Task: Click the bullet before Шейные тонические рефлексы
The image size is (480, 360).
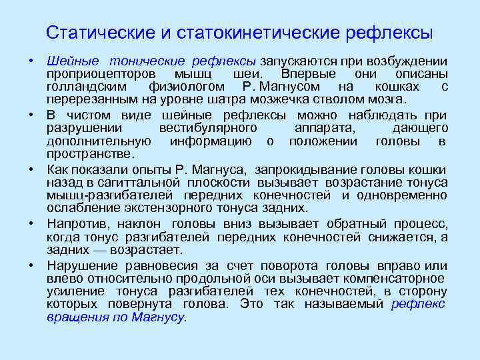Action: pos(31,60)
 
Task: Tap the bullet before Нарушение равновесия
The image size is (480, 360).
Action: pos(31,265)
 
